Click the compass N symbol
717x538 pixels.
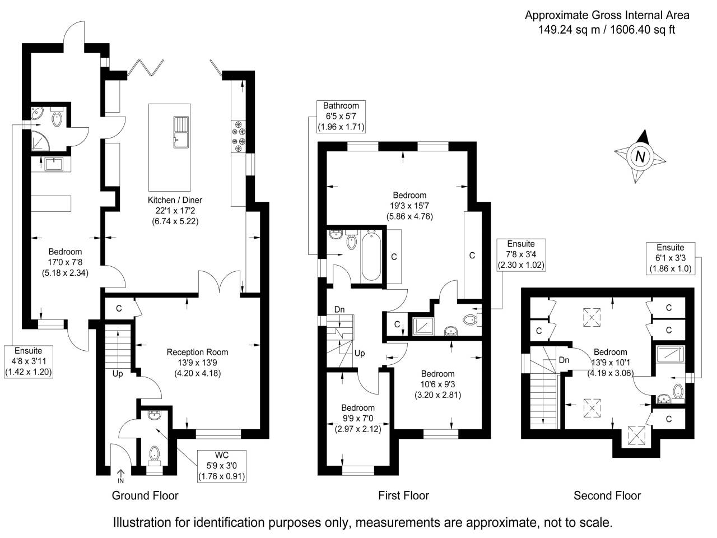pos(640,156)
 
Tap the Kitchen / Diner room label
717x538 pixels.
pos(175,210)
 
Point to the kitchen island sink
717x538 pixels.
pos(181,132)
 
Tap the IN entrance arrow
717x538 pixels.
pos(120,477)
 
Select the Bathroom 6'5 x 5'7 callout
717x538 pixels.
pos(341,116)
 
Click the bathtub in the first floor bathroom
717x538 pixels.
pos(371,255)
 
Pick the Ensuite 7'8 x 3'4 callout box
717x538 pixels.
pos(521,254)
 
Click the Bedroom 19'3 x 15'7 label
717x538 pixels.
pos(409,205)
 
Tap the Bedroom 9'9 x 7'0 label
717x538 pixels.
pos(358,418)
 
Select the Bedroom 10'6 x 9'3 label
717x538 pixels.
pos(437,384)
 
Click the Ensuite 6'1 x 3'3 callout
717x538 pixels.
pos(671,258)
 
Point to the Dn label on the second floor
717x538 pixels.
pos(564,360)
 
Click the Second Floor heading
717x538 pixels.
pos(607,495)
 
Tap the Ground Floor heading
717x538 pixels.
pos(145,495)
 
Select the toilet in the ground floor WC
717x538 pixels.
pos(154,453)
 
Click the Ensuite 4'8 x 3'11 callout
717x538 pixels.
pos(29,361)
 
